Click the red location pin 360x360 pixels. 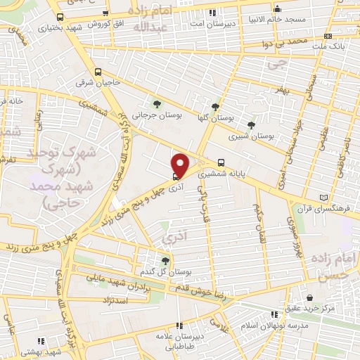[x=181, y=165]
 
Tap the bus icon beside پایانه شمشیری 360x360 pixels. [x=221, y=161]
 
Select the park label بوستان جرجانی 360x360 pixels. [x=152, y=114]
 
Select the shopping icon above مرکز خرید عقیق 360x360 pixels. [x=310, y=297]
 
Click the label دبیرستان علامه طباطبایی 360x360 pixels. [x=180, y=340]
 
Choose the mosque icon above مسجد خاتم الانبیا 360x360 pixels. [x=278, y=9]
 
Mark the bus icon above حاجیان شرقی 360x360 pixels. [x=98, y=72]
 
